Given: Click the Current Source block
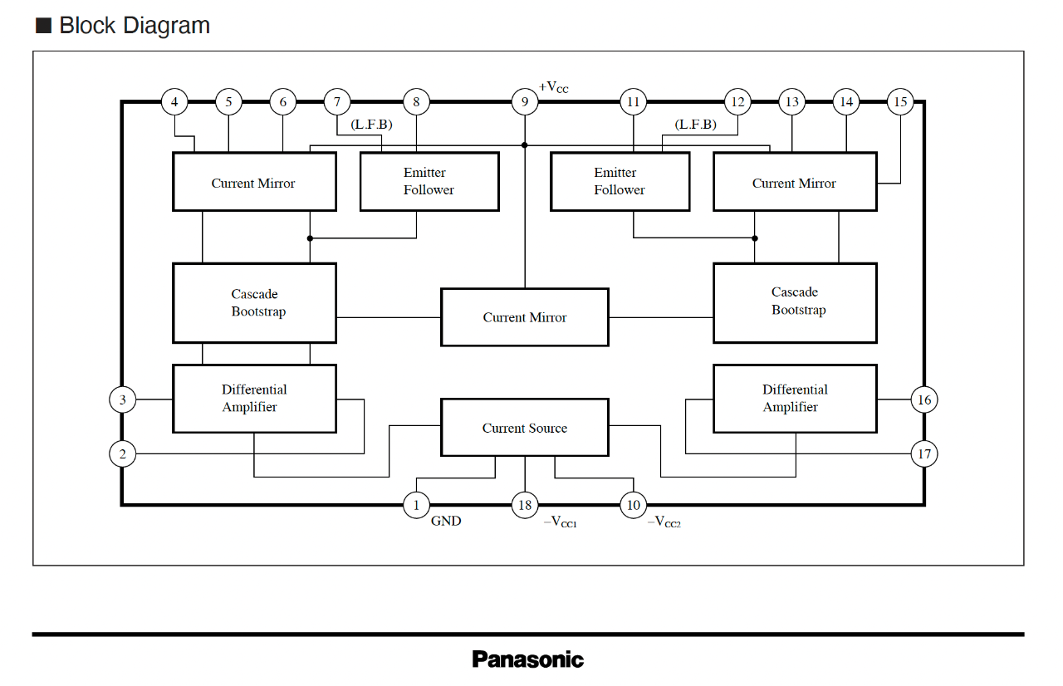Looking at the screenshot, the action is point(524,428).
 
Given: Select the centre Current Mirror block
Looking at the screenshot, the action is point(524,317).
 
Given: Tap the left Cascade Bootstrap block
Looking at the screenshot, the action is point(254,302).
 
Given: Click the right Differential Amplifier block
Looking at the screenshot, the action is point(795,399).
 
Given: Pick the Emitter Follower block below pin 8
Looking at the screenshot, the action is point(429,181).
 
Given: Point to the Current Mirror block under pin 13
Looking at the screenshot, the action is point(795,181).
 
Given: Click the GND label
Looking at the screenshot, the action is point(446,521).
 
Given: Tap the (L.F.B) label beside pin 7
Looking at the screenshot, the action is point(371,125).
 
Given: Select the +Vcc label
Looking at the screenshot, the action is point(553,87).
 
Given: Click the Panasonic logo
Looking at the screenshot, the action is point(527,659).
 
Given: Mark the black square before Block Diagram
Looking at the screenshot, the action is point(43,26).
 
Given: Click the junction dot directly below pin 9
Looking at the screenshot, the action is point(524,145).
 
